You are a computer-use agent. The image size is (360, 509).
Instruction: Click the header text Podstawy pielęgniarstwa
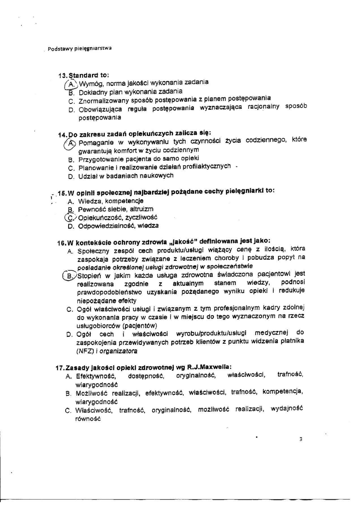(x=79, y=48)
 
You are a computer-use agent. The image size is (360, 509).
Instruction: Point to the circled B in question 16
(x=69, y=276)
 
